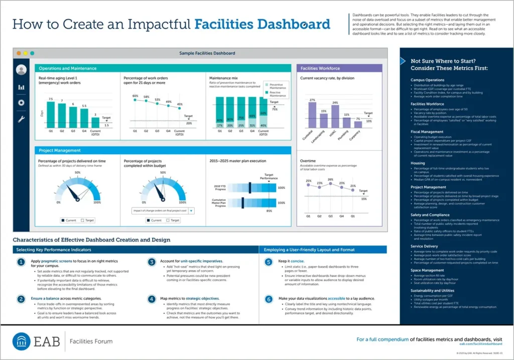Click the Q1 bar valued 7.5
point(51,115)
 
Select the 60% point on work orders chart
point(135,100)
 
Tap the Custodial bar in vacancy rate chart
point(312,115)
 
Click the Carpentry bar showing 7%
point(358,124)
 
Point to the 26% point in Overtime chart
point(330,183)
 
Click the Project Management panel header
point(60,150)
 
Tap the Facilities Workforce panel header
point(320,68)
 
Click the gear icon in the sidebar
point(21,103)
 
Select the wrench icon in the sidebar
point(21,119)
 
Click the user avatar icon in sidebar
point(21,70)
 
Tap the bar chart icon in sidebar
point(21,87)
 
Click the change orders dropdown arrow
point(191,211)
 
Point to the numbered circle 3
point(152,262)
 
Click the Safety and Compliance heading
point(430,215)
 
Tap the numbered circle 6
point(269,299)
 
